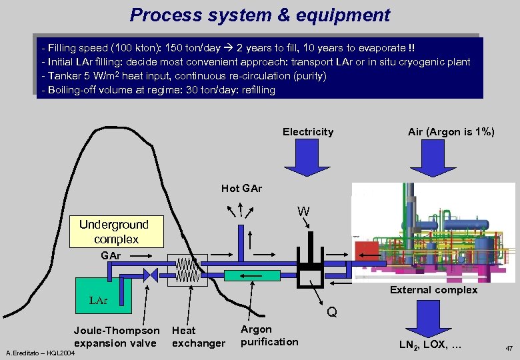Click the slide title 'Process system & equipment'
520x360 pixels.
(260, 15)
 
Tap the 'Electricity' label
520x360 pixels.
(308, 132)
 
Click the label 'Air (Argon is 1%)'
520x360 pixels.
(451, 132)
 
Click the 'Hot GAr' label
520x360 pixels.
(241, 189)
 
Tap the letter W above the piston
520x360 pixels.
(303, 212)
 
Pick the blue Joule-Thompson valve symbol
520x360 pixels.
(150, 275)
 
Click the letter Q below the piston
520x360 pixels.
(332, 312)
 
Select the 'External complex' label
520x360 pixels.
(433, 290)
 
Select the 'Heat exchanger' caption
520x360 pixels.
(198, 337)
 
